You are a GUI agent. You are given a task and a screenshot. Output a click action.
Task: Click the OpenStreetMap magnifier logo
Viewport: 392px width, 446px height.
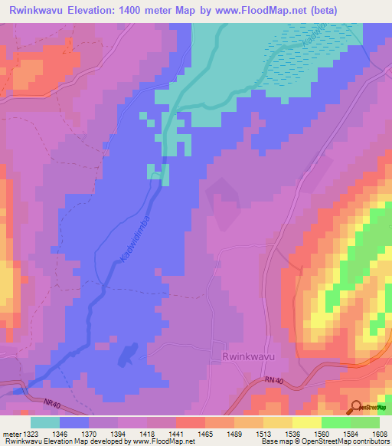click(x=357, y=406)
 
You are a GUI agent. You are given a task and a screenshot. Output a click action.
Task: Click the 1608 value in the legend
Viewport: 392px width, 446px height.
click(x=381, y=433)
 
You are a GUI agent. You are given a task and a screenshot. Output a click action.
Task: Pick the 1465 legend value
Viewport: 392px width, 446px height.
click(x=205, y=433)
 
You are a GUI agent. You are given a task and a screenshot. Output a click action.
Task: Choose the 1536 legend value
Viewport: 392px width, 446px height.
click(x=293, y=433)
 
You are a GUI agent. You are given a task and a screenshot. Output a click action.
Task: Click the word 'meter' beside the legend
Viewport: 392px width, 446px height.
click(x=10, y=433)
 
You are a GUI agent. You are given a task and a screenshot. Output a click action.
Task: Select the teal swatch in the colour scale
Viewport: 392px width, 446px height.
click(x=44, y=422)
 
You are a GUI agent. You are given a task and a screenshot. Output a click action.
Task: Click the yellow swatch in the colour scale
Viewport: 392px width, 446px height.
click(x=306, y=422)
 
